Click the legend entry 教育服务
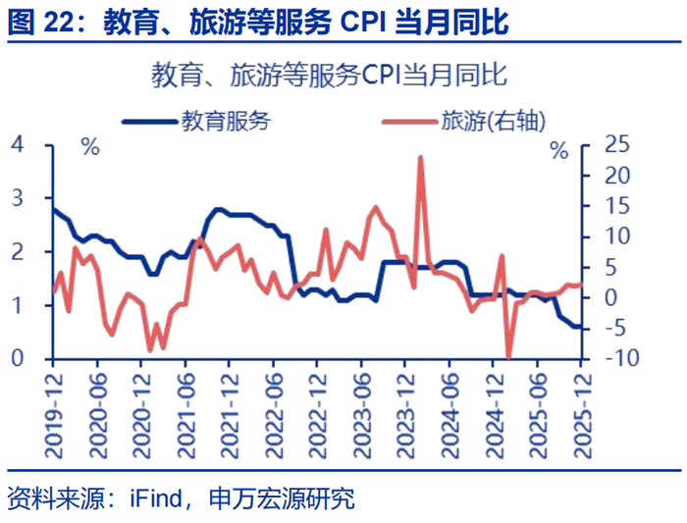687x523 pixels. (x=225, y=121)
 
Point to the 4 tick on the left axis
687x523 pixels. (x=16, y=144)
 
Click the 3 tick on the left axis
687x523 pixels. (x=16, y=198)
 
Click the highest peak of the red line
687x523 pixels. (x=421, y=157)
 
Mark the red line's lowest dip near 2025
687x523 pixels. (x=508, y=357)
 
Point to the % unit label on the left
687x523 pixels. (x=90, y=149)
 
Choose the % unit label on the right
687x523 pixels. (x=558, y=151)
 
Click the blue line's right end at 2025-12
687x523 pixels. (x=583, y=328)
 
